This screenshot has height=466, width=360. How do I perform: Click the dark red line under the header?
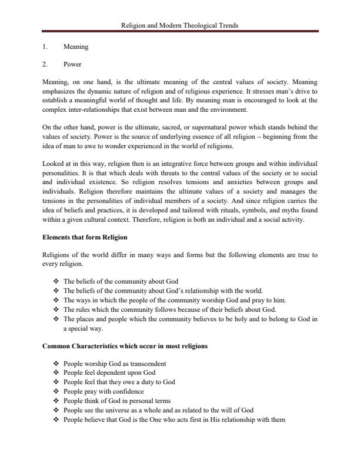[x=180, y=31]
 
